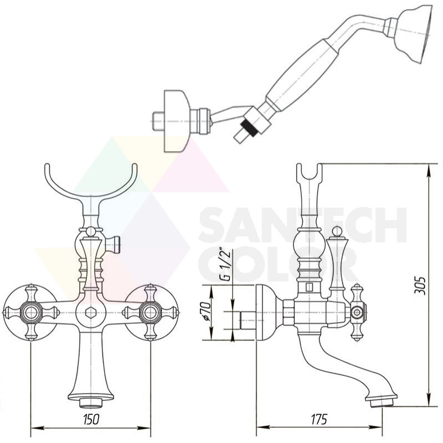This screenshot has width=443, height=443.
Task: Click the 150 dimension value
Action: tap(91, 419)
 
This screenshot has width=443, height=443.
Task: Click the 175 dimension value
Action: tap(319, 419)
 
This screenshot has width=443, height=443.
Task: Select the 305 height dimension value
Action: tap(420, 285)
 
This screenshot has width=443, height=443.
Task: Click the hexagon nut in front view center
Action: tap(91, 312)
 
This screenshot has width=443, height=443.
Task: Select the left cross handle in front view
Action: tap(30, 312)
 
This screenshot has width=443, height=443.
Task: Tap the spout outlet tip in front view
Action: tap(90, 403)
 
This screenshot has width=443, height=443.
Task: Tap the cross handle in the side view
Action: tap(358, 312)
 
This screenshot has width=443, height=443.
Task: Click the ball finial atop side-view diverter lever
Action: tap(336, 231)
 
